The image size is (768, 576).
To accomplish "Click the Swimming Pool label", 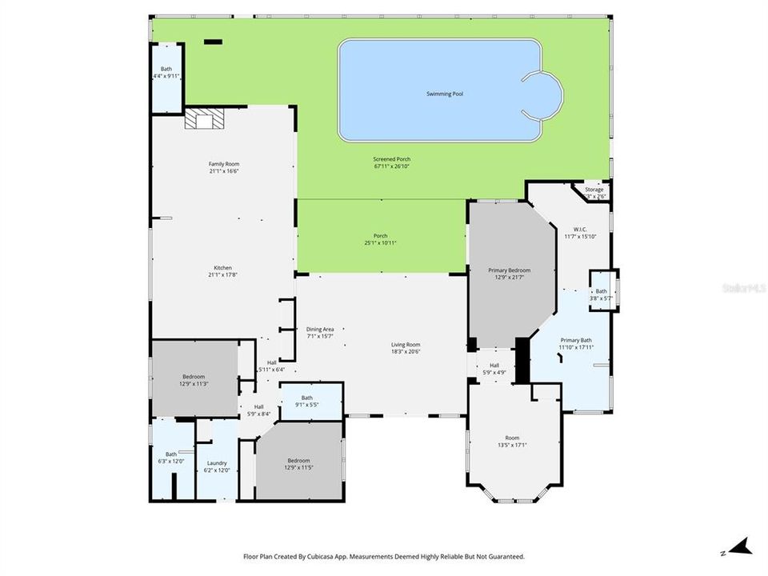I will (x=445, y=94).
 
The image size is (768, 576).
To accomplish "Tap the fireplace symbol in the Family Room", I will (x=205, y=118).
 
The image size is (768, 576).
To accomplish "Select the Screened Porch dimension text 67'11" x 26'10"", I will (x=392, y=167).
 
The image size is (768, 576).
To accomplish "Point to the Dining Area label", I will (x=320, y=329).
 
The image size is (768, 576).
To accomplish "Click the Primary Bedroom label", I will (x=510, y=270).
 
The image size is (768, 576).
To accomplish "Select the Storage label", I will (x=594, y=190).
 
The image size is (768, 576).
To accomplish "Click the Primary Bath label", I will (x=575, y=339).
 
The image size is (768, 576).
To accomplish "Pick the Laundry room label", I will (x=217, y=462).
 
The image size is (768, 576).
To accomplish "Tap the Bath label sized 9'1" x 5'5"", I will (x=307, y=398).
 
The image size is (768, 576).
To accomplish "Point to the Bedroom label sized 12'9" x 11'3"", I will (x=194, y=377).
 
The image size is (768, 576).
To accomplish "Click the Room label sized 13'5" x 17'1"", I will (x=512, y=438).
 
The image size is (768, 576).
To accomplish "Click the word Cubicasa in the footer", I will (x=317, y=556).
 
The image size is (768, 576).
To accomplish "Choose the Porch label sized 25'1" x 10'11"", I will (x=381, y=236).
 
